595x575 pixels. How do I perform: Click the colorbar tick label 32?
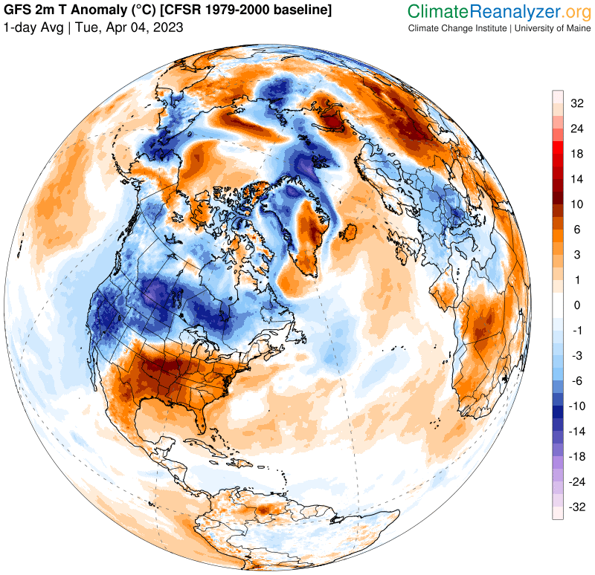(x=577, y=103)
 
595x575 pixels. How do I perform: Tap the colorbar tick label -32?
(x=577, y=507)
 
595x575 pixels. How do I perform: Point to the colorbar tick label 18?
(x=577, y=154)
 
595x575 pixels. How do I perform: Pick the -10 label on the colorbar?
(x=577, y=406)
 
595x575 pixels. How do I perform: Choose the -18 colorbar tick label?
(x=577, y=457)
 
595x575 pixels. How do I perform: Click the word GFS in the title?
(x=18, y=10)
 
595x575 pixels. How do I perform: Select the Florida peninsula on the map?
(x=218, y=429)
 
